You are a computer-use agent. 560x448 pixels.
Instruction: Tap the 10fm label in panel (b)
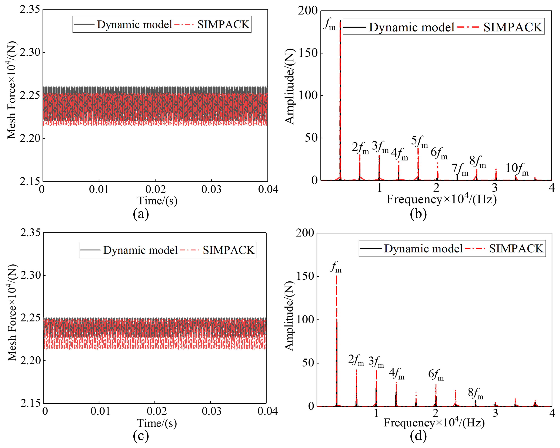pyautogui.click(x=517, y=169)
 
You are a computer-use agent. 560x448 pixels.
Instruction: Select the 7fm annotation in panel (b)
pyautogui.click(x=460, y=170)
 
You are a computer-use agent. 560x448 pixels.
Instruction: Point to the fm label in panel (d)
pyautogui.click(x=336, y=267)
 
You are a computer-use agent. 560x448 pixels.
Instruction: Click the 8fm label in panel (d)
pyautogui.click(x=476, y=394)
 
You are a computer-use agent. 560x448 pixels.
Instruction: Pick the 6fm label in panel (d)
pyautogui.click(x=436, y=375)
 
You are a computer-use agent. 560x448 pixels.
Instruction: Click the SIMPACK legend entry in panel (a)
pyautogui.click(x=223, y=24)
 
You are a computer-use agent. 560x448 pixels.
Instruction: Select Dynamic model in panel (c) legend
pyautogui.click(x=140, y=250)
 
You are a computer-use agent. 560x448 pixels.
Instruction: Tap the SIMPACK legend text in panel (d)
pyautogui.click(x=516, y=249)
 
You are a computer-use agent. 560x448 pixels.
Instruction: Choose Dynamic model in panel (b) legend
pyautogui.click(x=411, y=27)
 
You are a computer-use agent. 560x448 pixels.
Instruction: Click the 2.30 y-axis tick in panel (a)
pyautogui.click(x=30, y=52)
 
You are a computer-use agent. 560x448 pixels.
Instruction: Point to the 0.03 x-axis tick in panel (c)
pyautogui.click(x=212, y=411)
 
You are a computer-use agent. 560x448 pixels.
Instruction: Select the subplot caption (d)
pyautogui.click(x=418, y=436)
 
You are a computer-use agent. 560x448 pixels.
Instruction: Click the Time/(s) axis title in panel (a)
pyautogui.click(x=157, y=201)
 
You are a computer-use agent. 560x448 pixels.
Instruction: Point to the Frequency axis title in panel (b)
pyautogui.click(x=441, y=199)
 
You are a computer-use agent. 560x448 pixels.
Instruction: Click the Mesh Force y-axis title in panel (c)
pyautogui.click(x=12, y=313)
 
